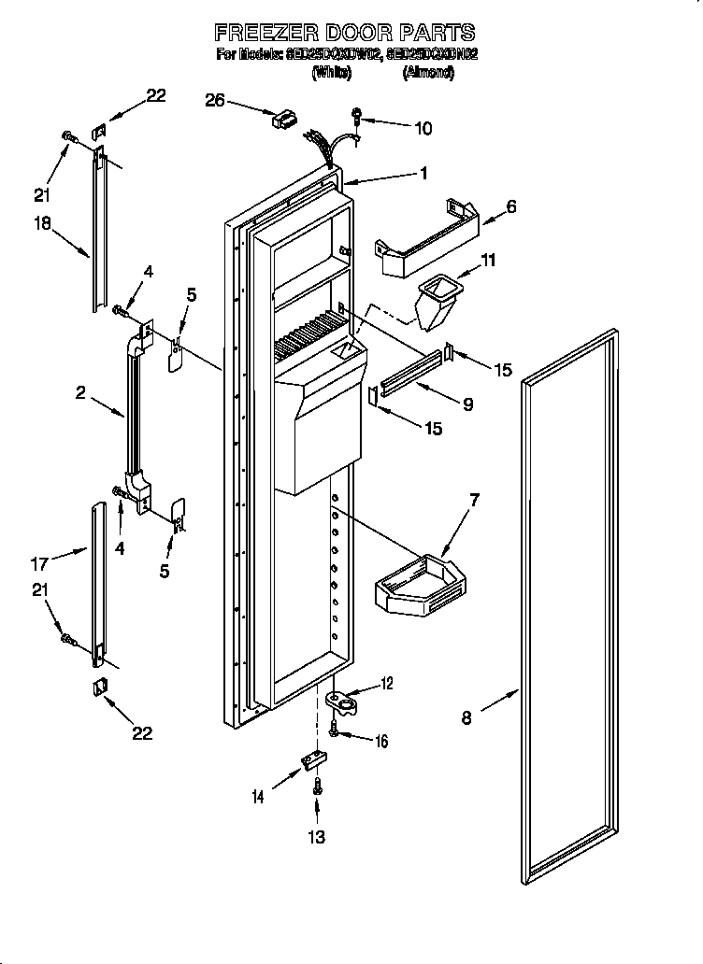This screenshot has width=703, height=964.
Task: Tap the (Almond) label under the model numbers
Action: pyautogui.click(x=428, y=72)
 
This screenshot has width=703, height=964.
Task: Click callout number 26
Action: pyautogui.click(x=215, y=100)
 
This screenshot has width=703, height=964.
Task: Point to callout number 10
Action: pyautogui.click(x=423, y=128)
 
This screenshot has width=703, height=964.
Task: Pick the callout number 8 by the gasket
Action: pyautogui.click(x=467, y=717)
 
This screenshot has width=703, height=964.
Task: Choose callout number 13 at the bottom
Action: pyautogui.click(x=317, y=838)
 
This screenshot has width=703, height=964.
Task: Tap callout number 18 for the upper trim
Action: pyautogui.click(x=43, y=224)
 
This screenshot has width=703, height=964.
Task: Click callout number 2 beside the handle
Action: pyautogui.click(x=82, y=393)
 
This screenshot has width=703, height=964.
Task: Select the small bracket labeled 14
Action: pyautogui.click(x=311, y=762)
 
